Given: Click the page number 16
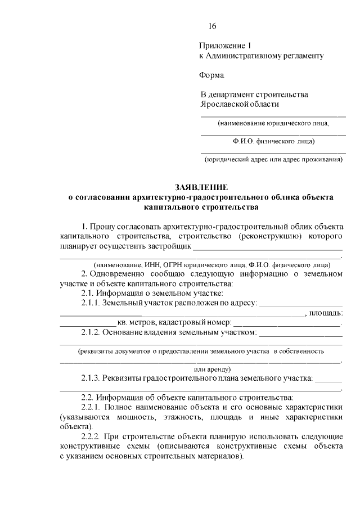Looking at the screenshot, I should click(212, 26).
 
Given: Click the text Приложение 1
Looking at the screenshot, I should click(223, 45).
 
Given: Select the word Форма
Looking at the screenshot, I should click(211, 75).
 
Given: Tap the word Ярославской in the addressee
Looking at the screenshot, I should click(225, 104).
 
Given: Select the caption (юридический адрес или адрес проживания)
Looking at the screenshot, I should click(273, 159).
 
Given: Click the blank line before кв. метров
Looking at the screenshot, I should click(88, 324).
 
